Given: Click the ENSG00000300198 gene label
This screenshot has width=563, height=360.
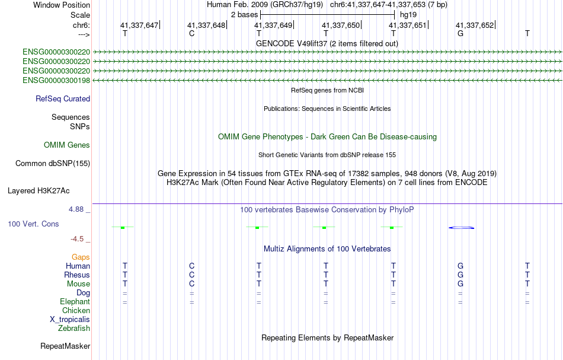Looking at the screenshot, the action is (56, 81).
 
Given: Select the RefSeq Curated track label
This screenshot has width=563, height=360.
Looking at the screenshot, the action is (63, 99).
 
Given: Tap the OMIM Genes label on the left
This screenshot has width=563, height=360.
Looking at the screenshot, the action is (67, 145).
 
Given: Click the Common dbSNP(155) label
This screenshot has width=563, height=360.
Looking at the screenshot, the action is (53, 164).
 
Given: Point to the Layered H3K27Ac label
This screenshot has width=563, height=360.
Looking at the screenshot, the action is (39, 191).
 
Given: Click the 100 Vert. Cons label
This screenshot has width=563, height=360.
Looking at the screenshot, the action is (33, 224).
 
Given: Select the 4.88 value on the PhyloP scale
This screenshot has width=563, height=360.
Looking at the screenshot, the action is (76, 209).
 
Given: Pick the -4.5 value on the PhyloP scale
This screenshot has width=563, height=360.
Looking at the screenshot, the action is (77, 239).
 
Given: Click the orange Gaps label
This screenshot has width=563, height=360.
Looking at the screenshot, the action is (81, 257).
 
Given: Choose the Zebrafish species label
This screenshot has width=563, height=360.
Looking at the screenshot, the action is (74, 329).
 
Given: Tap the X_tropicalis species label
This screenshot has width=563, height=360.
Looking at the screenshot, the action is (70, 320).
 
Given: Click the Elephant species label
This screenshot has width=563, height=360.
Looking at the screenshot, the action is (75, 302).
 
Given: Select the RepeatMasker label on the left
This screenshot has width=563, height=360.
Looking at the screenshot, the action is (65, 346).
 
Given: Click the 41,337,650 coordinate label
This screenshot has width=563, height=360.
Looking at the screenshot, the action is (340, 25).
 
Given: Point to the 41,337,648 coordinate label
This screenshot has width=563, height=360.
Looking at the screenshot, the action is (206, 25).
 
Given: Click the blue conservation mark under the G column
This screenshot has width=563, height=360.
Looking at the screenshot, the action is (462, 228).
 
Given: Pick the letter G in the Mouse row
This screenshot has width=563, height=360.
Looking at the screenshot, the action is (460, 284).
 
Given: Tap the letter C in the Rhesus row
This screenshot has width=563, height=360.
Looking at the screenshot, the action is (192, 275).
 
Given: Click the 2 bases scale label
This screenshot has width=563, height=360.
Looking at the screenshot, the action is (245, 15).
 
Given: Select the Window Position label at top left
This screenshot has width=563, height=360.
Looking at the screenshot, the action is (62, 5).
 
